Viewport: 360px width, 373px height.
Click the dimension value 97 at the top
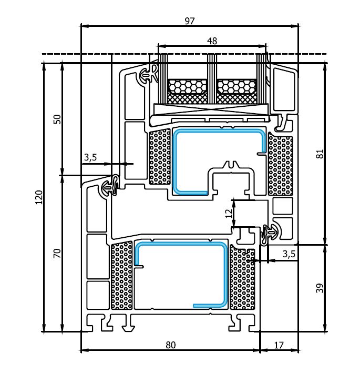(x=190, y=21)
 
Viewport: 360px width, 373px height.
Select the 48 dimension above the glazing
(x=212, y=41)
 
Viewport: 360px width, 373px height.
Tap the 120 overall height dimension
(x=39, y=197)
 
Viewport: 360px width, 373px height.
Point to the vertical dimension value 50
(x=57, y=119)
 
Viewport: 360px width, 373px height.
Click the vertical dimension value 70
(x=57, y=254)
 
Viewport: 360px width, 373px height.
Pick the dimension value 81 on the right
(x=320, y=154)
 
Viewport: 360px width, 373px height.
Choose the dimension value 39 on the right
(x=320, y=288)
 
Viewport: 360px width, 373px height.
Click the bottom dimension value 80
(x=171, y=345)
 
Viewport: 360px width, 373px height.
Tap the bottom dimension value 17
(x=279, y=345)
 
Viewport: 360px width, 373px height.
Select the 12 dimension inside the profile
(x=229, y=214)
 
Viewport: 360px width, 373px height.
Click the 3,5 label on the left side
(x=90, y=157)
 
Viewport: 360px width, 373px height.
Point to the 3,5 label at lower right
(x=289, y=254)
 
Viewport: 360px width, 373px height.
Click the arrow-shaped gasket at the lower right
(x=271, y=234)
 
